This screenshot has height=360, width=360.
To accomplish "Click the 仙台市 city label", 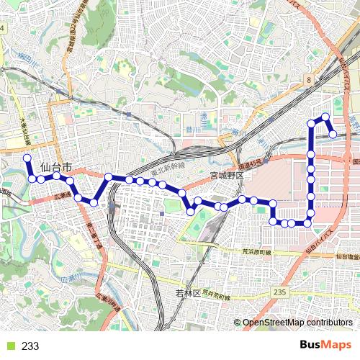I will point(56,166).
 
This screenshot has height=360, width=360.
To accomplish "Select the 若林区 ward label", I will point(188,293).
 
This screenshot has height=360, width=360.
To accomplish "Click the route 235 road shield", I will point(280,292).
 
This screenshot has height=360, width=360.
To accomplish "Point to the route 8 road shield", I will point(307,80).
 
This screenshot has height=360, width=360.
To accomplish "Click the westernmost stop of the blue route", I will point(27,158).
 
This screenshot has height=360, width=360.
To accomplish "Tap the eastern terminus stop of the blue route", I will point(333,133).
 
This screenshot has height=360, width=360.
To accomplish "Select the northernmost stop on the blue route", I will point(325,117).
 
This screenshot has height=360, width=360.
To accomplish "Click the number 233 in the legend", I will point(31,346).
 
